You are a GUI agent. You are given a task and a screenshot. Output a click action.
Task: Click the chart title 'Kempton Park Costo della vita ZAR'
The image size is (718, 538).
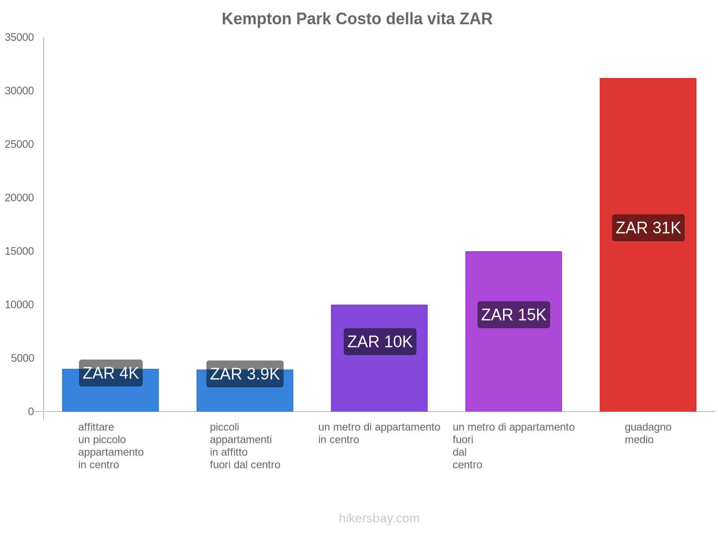[357, 19]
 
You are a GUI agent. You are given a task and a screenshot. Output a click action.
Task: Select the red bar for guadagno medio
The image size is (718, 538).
[648, 314]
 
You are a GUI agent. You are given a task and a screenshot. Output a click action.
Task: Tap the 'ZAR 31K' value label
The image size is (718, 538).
[648, 228]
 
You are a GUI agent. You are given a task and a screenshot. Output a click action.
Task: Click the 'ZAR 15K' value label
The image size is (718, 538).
[513, 315]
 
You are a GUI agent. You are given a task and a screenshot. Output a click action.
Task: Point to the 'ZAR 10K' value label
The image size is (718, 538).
[380, 342]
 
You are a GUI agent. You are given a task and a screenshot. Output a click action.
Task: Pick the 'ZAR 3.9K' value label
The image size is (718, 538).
[245, 374]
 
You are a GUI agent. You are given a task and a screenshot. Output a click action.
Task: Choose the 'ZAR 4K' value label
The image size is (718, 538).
[110, 373]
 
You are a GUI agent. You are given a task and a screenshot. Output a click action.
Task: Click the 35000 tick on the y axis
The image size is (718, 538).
[19, 37]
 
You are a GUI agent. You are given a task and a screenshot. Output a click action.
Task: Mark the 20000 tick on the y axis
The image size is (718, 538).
[19, 198]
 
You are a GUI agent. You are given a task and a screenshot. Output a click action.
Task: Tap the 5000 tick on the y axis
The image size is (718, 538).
[22, 358]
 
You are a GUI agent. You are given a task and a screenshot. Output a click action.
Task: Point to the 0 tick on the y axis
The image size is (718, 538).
[31, 412]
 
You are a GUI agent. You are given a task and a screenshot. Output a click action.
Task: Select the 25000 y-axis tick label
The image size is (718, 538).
[19, 144]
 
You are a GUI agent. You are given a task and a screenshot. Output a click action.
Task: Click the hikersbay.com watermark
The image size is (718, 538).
[379, 518]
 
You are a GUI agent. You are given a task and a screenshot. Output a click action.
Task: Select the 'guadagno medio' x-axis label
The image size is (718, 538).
[648, 433]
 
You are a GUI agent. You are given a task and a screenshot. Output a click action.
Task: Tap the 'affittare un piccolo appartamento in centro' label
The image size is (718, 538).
[111, 446]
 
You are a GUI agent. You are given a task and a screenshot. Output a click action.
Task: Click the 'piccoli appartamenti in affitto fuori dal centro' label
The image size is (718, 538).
[245, 446]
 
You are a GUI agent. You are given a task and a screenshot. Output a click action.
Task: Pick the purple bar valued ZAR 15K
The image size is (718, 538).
[513, 359]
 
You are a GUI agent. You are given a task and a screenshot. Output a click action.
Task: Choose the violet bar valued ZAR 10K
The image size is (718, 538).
[379, 381]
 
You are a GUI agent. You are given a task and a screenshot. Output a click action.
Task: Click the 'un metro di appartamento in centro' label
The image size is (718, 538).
[379, 433]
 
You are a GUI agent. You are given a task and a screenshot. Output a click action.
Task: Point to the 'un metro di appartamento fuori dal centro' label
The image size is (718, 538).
[513, 446]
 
